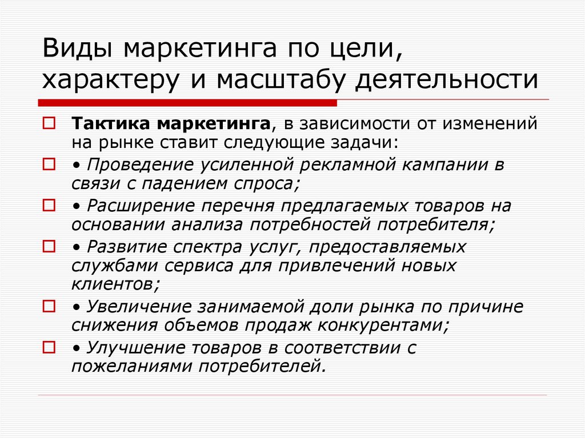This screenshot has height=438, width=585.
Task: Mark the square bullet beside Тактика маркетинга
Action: pos(49,123)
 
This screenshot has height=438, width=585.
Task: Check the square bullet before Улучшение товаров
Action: pos(49,347)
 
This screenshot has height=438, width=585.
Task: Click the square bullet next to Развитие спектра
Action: pos(49,246)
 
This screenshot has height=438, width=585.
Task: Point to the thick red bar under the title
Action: pos(188,103)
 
